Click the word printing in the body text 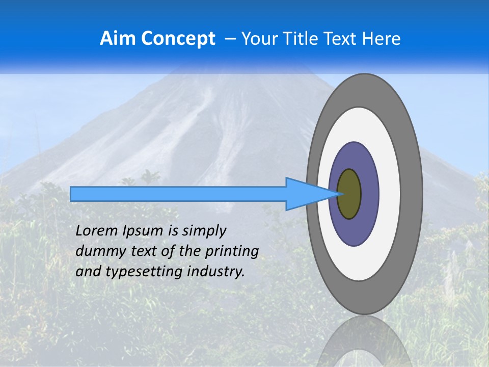[x=232, y=251]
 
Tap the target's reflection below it [x=364, y=342]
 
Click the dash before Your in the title [x=230, y=39]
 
